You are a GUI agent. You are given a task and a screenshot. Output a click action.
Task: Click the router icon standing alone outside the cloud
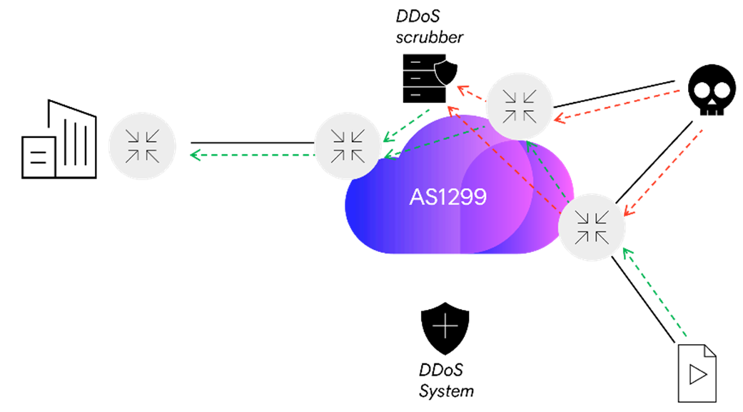tap(142, 146)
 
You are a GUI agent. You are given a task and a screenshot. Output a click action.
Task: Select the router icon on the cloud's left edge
tap(348, 146)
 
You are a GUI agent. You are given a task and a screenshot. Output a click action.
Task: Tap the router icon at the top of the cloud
tap(520, 106)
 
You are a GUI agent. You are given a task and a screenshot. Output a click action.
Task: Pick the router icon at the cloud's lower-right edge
tap(592, 227)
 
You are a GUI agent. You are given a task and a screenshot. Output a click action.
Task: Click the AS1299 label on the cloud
tap(448, 197)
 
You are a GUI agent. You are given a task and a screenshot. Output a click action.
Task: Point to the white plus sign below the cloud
tap(445, 326)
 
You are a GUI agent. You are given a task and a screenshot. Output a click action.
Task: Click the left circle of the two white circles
tap(702, 91)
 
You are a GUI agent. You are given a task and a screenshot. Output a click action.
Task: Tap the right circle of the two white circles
tap(722, 91)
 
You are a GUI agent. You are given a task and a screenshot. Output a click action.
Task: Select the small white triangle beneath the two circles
tap(712, 103)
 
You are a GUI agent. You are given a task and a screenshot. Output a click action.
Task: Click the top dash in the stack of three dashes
tap(415, 64)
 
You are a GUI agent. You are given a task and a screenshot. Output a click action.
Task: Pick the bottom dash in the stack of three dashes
tap(415, 94)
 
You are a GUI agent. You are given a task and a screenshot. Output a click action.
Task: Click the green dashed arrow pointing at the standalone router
tap(253, 154)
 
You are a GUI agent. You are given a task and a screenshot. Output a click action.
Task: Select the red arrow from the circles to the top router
tap(617, 105)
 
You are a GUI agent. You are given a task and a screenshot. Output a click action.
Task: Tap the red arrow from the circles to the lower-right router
tap(664, 171)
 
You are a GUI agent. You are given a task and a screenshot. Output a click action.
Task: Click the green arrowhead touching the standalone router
tap(194, 154)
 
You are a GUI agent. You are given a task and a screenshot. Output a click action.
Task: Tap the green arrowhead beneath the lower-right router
tap(626, 252)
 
